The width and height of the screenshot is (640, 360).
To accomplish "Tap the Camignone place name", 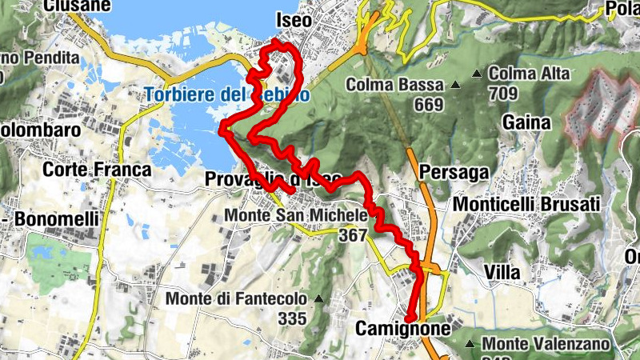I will pyautogui.click(x=398, y=329).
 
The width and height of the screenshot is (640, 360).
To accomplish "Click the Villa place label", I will pyautogui.click(x=502, y=272).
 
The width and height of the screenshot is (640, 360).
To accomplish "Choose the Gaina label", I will pyautogui.click(x=527, y=122).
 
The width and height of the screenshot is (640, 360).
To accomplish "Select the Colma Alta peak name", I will pyautogui.click(x=529, y=74).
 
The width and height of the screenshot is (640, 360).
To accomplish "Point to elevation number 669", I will pyautogui.click(x=429, y=104).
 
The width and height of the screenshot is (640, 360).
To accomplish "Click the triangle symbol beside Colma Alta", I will pyautogui.click(x=478, y=74).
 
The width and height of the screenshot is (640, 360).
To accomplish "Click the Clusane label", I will pyautogui.click(x=77, y=5).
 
